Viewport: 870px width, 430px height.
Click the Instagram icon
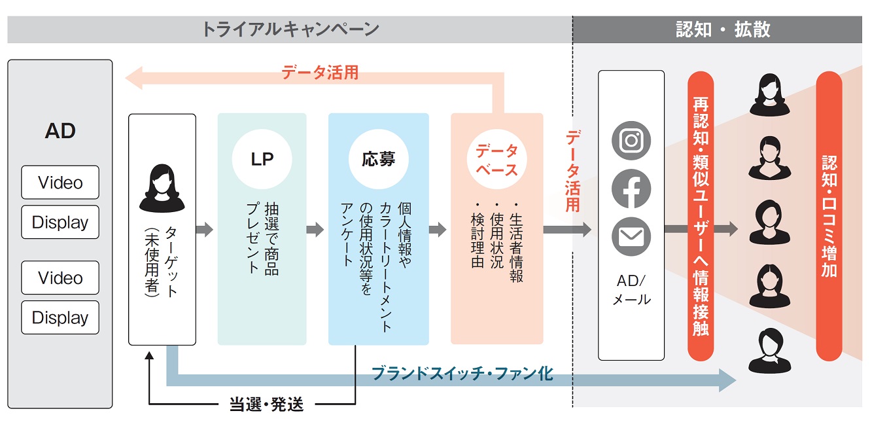(631, 140)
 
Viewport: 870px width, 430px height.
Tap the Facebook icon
(631, 188)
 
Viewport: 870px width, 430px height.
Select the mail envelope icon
(631, 236)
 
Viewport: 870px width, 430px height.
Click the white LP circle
(262, 159)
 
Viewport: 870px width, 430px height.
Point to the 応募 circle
(379, 159)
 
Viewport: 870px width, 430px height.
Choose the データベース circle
(496, 159)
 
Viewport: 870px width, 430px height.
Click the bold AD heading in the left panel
(60, 131)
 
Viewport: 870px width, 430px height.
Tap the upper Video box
(60, 182)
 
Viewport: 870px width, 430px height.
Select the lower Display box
(60, 317)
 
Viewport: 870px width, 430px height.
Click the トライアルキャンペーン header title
(290, 29)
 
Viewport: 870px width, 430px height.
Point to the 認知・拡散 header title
(723, 29)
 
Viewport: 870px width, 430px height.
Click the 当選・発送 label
(266, 404)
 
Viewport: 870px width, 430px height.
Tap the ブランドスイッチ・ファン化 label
(462, 373)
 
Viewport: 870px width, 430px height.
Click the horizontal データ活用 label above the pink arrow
(320, 72)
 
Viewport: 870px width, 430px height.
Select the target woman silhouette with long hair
(162, 188)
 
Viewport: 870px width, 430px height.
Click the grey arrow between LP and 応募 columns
(315, 229)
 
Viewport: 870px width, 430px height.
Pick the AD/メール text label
(631, 290)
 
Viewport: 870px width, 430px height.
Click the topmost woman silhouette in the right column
(769, 95)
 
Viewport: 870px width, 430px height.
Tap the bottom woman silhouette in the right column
(769, 351)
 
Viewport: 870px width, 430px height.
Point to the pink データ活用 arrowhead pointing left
(133, 78)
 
